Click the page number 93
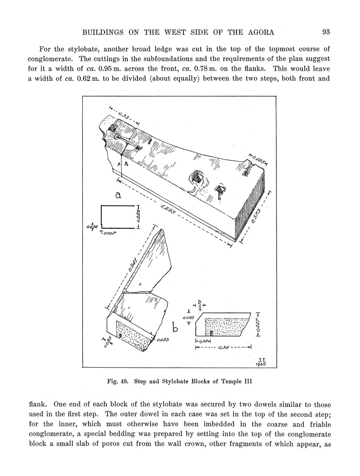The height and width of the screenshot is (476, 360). pos(326,32)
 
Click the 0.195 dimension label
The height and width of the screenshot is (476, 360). pos(258,159)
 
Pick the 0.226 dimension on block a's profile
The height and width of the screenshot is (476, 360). pos(138,217)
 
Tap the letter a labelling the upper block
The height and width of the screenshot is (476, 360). pos(118,195)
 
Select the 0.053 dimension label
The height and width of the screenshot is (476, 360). pos(163,340)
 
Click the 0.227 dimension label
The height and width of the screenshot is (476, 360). pos(258,324)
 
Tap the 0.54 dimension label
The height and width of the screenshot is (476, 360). pos(223,347)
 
